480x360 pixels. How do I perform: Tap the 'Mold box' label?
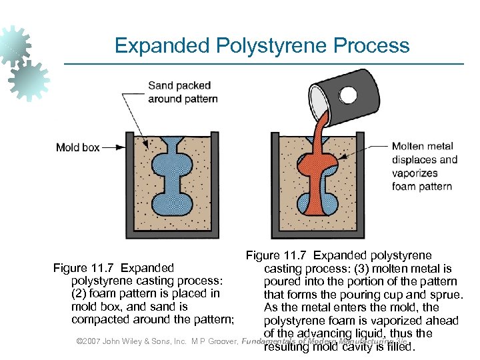click(x=77, y=147)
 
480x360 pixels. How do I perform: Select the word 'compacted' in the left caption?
click(x=97, y=320)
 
